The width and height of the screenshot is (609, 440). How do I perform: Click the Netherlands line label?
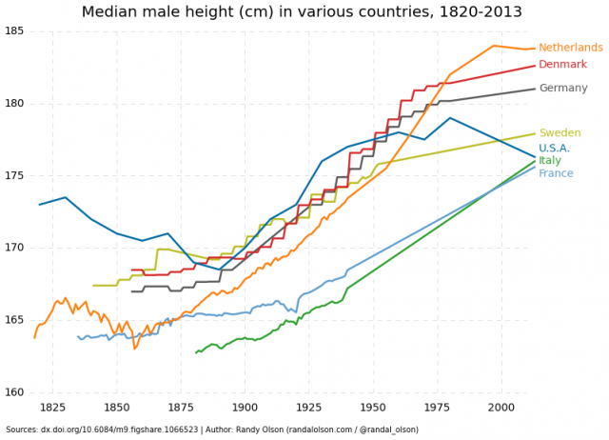570,48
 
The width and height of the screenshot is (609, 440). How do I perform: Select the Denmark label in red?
563,65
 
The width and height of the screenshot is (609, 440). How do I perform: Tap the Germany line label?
563,89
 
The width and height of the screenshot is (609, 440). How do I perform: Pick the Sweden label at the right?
559,133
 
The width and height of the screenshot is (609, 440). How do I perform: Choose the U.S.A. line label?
555,149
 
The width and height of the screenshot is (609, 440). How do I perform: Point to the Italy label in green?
549,161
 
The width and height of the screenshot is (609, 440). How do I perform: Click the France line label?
556,173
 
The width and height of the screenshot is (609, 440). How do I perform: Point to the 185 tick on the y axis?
13,31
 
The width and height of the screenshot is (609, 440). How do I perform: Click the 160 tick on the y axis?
13,392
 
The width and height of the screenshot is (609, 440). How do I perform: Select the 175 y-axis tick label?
13,176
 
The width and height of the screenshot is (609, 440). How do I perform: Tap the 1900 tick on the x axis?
246,408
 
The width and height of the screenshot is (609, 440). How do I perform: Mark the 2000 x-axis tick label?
501,408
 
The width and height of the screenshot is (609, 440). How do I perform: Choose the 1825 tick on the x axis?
53,408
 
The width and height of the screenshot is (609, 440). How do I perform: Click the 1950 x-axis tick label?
373,408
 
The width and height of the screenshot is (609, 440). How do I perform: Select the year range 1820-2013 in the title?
478,12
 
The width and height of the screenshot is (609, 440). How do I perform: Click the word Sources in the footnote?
21,430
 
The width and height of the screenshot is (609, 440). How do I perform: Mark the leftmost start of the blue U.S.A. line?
40,205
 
